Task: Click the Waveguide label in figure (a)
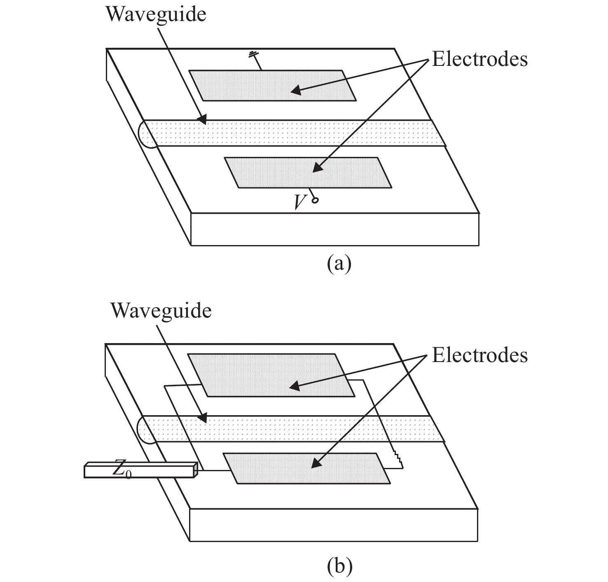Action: coord(156,14)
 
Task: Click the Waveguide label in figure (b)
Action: coord(161,310)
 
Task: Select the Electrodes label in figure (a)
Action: coord(479,59)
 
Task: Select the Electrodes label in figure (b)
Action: coord(479,355)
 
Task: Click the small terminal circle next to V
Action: coord(316,201)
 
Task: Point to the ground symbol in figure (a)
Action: coord(253,54)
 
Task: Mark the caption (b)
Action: coord(339,566)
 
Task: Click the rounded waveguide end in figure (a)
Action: coord(144,133)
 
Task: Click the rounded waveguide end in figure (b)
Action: coord(144,429)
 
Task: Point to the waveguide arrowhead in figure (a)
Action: coord(201,120)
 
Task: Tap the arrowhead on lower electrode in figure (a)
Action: coord(317,168)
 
